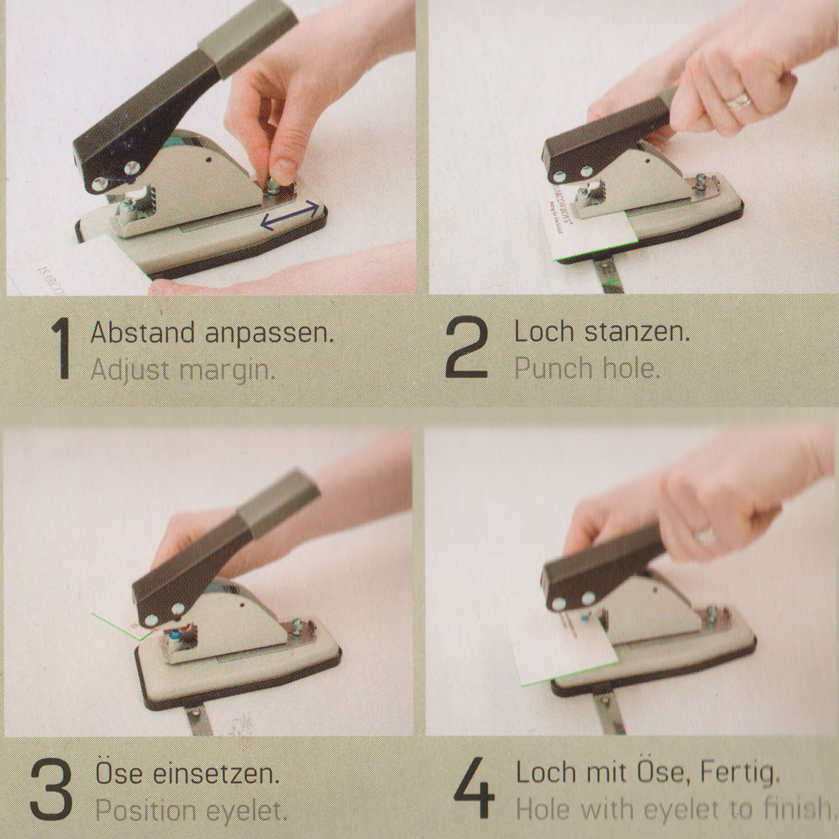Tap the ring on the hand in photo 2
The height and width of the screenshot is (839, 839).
point(738,102)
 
